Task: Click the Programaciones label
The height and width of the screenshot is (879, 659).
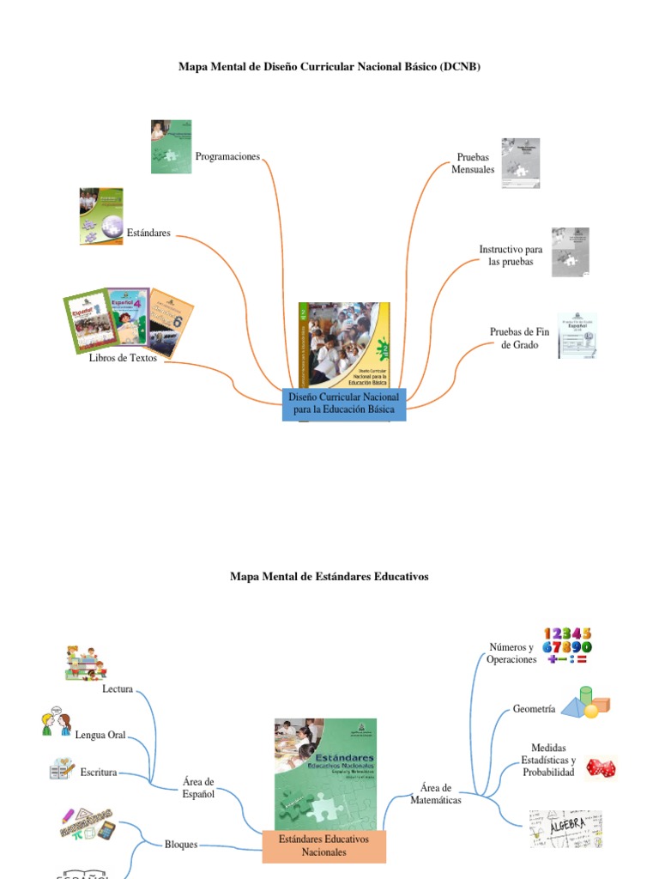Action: tap(227, 157)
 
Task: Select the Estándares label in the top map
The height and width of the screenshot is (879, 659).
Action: tap(148, 233)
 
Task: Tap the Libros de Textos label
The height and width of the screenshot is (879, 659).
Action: tap(123, 358)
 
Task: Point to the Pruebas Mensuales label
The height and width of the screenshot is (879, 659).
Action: tap(473, 164)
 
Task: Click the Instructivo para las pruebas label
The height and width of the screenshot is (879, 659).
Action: tap(511, 255)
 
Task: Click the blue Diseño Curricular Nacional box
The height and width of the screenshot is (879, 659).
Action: tap(343, 404)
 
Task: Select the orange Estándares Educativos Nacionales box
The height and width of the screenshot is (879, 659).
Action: tap(323, 846)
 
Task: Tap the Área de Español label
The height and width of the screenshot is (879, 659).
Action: tap(198, 788)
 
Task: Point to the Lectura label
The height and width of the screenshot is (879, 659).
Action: tap(118, 689)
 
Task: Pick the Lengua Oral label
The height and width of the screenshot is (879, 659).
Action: tap(100, 735)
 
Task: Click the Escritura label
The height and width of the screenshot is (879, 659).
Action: tap(99, 773)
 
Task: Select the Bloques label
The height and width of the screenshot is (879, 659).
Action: tap(181, 845)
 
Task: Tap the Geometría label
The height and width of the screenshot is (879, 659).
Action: tap(534, 709)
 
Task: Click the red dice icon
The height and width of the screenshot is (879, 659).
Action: tap(600, 767)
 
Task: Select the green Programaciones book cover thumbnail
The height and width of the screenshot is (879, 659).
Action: tap(171, 147)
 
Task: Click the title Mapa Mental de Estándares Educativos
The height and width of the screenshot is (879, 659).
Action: tap(329, 577)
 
